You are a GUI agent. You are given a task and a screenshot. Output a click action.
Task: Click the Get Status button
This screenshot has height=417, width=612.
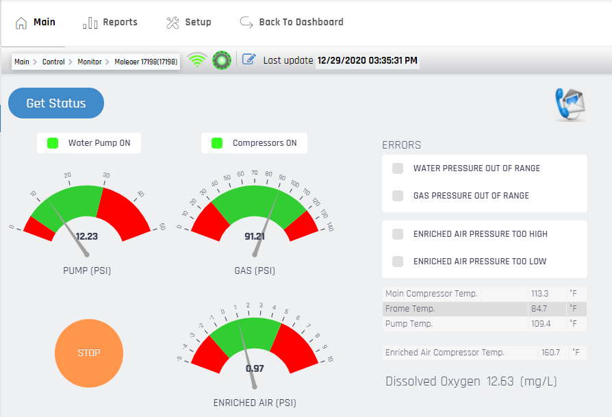click(56, 103)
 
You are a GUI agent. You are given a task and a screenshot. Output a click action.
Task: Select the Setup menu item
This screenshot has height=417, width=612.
click(189, 23)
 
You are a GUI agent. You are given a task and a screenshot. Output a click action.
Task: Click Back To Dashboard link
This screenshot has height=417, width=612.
click(292, 23)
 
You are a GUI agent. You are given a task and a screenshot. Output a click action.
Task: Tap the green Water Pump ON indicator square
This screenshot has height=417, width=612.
click(53, 143)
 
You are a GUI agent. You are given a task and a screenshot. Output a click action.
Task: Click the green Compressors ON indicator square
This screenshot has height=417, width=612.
click(217, 143)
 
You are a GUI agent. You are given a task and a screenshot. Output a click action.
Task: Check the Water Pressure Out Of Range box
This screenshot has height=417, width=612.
click(398, 168)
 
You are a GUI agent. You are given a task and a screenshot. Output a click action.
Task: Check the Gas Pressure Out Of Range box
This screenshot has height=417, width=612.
click(398, 196)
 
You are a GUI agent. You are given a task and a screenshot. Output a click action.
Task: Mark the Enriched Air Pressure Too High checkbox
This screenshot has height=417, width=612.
click(398, 234)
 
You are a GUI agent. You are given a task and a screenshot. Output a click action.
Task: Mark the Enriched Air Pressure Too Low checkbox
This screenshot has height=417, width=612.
click(398, 262)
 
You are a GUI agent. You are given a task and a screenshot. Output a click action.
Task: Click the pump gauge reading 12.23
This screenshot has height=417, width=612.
click(87, 236)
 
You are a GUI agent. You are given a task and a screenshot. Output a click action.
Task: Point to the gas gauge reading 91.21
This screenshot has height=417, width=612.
click(255, 236)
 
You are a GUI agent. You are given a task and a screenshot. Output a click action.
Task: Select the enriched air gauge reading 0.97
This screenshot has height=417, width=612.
click(255, 368)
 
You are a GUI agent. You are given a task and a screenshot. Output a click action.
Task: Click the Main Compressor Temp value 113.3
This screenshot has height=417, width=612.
click(539, 294)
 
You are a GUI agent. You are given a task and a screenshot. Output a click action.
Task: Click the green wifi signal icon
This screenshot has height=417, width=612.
click(197, 60)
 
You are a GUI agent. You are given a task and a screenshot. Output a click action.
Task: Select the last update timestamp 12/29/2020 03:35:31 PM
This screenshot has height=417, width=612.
click(368, 61)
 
